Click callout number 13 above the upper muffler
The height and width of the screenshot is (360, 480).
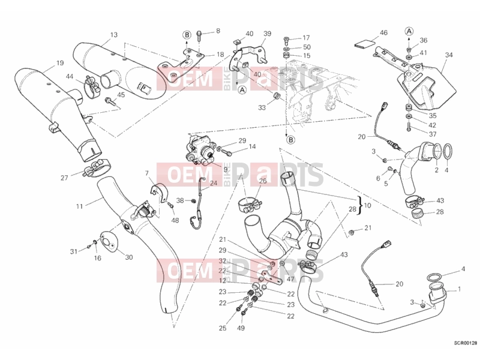113,35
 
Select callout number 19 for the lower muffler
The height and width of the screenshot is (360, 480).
60,63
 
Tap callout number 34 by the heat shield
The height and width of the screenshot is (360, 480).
449,55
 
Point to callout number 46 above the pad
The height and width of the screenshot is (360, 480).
383,33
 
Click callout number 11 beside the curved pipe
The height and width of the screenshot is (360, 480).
80,206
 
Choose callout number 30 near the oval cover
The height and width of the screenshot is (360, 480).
129,257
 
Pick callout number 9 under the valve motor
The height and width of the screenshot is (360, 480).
226,169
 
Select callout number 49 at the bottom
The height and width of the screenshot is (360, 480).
241,328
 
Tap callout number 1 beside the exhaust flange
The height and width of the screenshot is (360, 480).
459,289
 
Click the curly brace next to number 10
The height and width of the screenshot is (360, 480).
361,205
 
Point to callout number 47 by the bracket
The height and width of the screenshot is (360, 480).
290,279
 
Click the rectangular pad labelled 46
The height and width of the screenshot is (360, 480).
364,44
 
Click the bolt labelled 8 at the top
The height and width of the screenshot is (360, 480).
199,36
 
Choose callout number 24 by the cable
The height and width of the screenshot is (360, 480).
214,184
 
